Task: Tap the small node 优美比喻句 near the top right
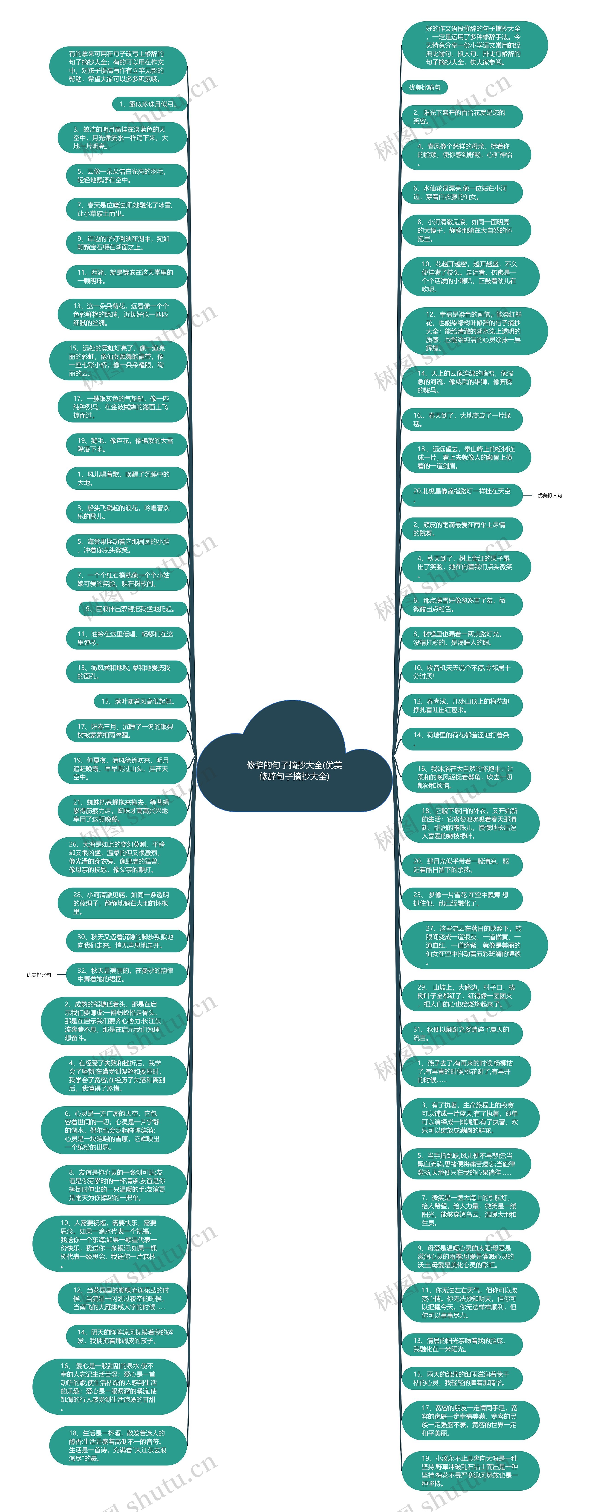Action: (x=424, y=87)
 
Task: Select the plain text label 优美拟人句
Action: (x=550, y=495)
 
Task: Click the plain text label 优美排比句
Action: (x=39, y=975)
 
